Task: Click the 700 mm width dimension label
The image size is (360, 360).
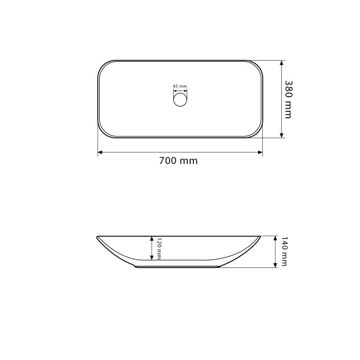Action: point(178,160)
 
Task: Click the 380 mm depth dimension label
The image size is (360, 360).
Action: point(289,99)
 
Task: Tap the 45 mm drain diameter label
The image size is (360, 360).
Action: point(180,86)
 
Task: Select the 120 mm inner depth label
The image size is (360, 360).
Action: point(159,248)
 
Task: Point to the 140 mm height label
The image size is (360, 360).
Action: point(284,251)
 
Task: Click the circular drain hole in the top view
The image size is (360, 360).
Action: point(180,100)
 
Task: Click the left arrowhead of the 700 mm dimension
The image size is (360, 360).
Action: point(100,152)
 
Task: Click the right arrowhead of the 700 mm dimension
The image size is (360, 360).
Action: point(260,152)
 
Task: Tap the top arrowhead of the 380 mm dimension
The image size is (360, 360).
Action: point(282,63)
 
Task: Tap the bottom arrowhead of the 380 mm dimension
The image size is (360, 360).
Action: point(282,135)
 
